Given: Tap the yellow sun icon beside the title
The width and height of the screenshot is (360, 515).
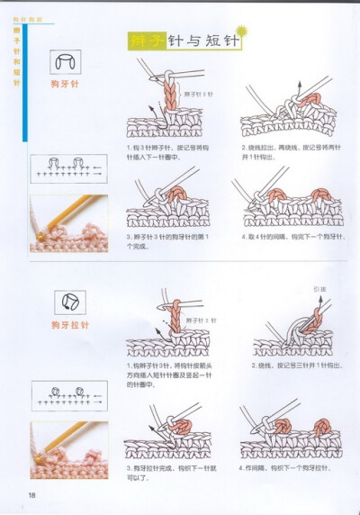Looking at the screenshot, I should coord(241,33).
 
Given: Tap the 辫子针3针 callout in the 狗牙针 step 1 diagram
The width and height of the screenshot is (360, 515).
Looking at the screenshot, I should coord(199,94).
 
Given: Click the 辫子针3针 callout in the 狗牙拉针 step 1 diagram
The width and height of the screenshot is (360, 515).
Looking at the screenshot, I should coord(200,321).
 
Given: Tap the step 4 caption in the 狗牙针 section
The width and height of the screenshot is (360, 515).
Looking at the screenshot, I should coord(285,236).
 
